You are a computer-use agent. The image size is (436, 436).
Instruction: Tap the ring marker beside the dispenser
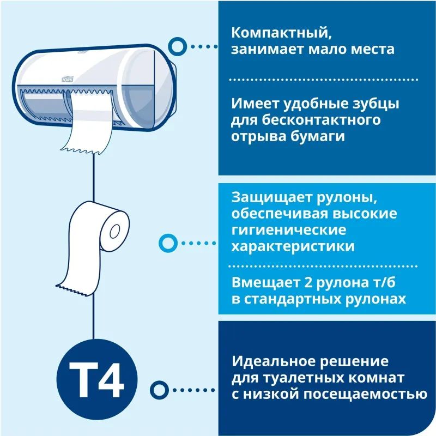pyautogui.click(x=175, y=46)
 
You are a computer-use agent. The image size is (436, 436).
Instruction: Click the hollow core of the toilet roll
pyautogui.click(x=114, y=231)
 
